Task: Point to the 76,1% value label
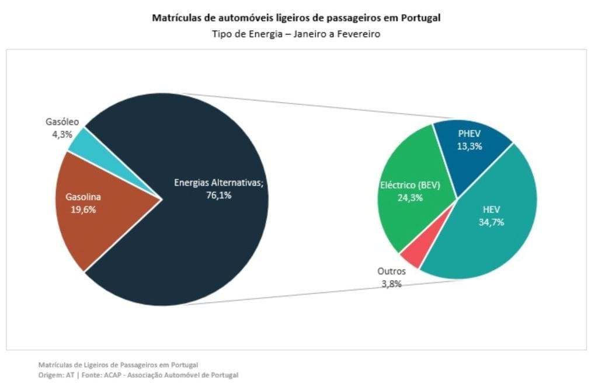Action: (x=219, y=195)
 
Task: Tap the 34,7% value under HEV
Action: (x=491, y=222)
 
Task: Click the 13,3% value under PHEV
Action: (x=470, y=146)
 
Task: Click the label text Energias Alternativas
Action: (x=219, y=183)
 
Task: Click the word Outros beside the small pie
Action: (x=391, y=271)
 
